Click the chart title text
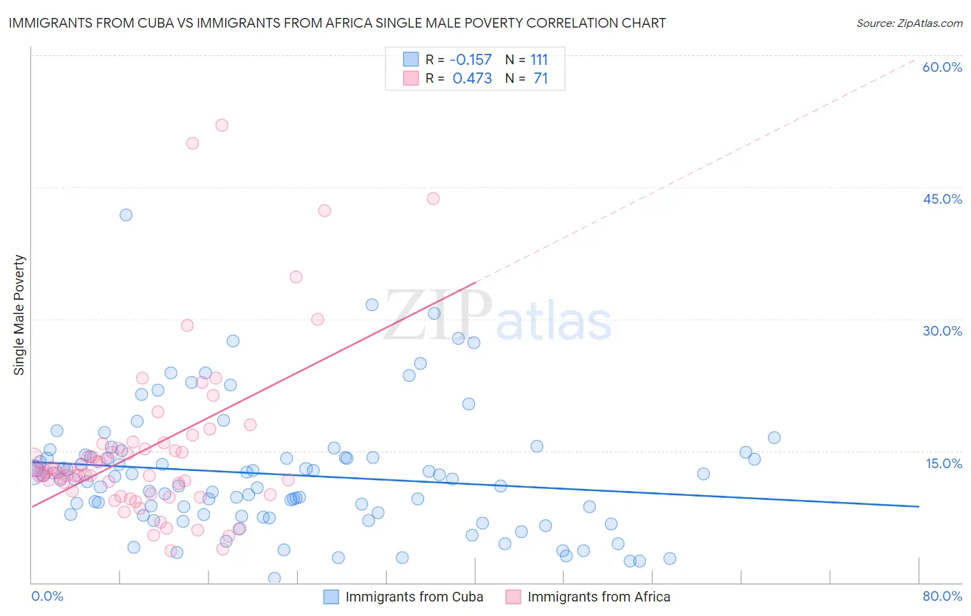(x=337, y=23)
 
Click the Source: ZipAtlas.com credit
(x=909, y=23)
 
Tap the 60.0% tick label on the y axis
(x=942, y=67)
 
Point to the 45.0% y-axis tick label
(x=942, y=199)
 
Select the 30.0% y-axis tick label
(x=942, y=331)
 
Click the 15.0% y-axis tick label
(x=943, y=463)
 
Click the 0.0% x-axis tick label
(x=47, y=596)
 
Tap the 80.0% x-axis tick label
(x=942, y=596)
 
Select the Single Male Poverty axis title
(x=19, y=315)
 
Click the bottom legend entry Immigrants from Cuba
(x=414, y=597)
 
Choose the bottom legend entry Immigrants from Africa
(x=598, y=597)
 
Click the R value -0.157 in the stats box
(x=470, y=60)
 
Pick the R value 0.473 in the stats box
(x=472, y=79)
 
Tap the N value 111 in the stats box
(x=539, y=60)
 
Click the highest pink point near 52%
(x=222, y=125)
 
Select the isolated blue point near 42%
(x=126, y=215)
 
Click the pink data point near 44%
(x=433, y=198)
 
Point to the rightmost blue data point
(x=774, y=438)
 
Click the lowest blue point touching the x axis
(x=274, y=578)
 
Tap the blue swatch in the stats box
(x=411, y=59)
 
